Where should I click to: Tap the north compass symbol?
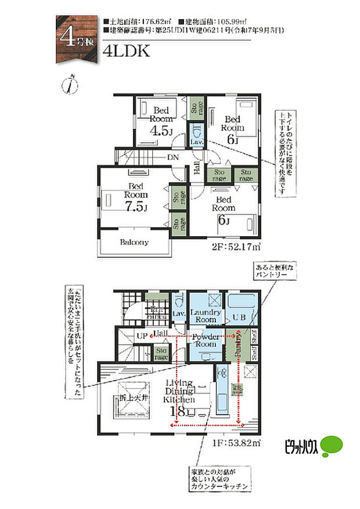click(69, 85)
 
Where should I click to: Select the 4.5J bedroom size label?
click(161, 131)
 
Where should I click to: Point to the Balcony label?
click(134, 242)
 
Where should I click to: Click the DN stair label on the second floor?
click(173, 157)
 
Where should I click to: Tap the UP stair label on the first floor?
click(141, 336)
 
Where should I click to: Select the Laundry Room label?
click(205, 316)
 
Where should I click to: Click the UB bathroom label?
click(239, 317)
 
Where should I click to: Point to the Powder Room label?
click(206, 340)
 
